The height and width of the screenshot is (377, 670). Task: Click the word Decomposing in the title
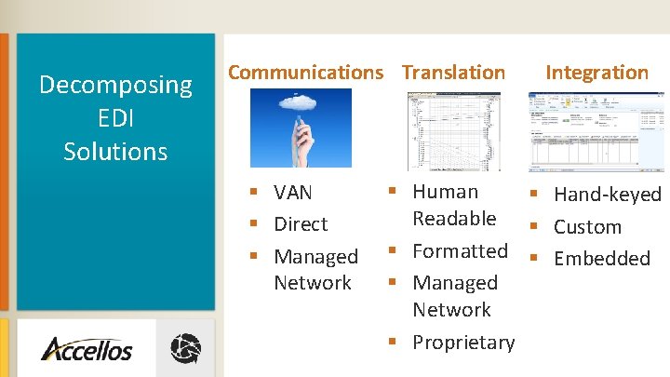tap(115, 86)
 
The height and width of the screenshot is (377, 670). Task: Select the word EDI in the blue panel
tap(115, 118)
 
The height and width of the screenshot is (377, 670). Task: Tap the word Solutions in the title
tap(115, 151)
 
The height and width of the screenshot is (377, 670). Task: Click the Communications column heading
tap(305, 72)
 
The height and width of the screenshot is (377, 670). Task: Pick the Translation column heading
tap(453, 72)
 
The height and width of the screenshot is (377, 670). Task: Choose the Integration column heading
tap(596, 72)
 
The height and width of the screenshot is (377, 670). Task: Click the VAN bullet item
tap(293, 193)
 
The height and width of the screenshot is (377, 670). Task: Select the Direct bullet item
tap(301, 224)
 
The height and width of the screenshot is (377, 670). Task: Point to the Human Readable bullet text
tap(454, 205)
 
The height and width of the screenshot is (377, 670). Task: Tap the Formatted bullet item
tap(460, 251)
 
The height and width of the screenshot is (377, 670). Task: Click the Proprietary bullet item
tap(463, 343)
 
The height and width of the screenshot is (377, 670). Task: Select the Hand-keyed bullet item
tap(607, 195)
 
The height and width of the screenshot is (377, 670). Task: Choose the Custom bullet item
tap(587, 227)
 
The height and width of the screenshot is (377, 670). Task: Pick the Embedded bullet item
tap(602, 259)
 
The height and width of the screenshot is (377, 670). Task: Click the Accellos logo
tap(87, 350)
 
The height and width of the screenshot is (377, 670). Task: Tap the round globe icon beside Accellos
tap(185, 349)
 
